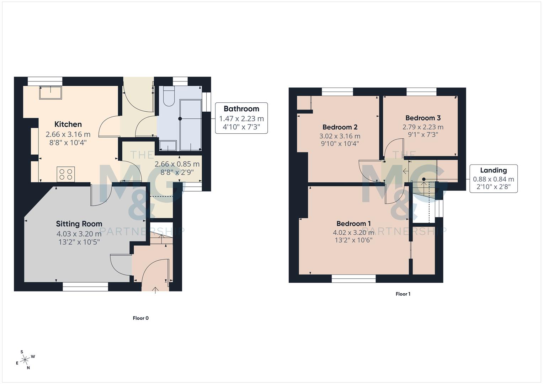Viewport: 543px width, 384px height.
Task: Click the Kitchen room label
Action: tap(68, 124)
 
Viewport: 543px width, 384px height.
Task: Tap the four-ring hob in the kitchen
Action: tap(66, 174)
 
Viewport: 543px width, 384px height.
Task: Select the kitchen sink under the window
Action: tap(50, 92)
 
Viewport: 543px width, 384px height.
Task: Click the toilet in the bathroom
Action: tap(168, 97)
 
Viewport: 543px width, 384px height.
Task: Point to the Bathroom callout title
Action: tap(241, 109)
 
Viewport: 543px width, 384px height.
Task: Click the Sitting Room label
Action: tap(79, 224)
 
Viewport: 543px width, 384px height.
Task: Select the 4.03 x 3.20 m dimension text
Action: tap(79, 234)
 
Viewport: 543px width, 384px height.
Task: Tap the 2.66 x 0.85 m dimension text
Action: tap(177, 164)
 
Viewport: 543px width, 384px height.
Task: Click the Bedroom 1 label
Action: tap(353, 223)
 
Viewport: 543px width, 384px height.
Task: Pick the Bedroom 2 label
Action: tap(340, 127)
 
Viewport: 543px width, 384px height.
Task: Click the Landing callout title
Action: tap(493, 170)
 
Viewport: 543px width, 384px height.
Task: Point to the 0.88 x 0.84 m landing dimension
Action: tap(493, 179)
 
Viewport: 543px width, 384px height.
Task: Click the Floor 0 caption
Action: tap(140, 318)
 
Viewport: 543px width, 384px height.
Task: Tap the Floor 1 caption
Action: tap(403, 294)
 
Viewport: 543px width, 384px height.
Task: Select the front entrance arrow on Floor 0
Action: tap(155, 289)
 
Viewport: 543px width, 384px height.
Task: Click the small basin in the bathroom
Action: tap(167, 145)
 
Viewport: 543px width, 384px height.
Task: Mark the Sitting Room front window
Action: tap(85, 287)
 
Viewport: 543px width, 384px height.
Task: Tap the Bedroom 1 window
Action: tap(353, 278)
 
